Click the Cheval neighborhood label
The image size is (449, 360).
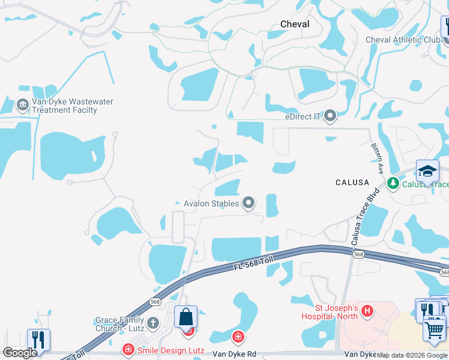tap(295, 24)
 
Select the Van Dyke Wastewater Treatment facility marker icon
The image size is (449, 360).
tap(23, 106)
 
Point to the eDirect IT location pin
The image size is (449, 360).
tap(330, 116)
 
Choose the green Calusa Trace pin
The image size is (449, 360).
tap(393, 183)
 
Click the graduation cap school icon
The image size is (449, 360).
tap(427, 172)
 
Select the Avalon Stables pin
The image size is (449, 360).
tap(249, 203)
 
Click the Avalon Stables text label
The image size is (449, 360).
tap(211, 203)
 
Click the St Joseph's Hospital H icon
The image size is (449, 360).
tap(367, 311)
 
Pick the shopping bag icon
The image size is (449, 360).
tap(185, 316)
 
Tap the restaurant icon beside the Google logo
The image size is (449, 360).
tap(38, 340)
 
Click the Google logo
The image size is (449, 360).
tap(20, 353)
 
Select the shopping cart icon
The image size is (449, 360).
tap(435, 329)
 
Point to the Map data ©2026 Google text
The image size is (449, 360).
tap(412, 355)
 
